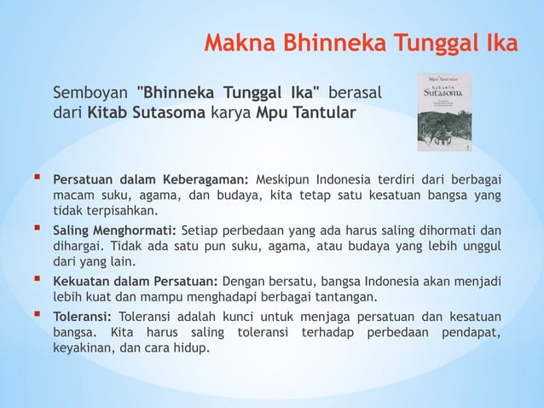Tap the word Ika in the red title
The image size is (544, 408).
point(500,43)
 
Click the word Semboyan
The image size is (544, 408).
point(93,91)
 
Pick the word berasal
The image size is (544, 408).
point(355,91)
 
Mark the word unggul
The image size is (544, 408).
point(479,246)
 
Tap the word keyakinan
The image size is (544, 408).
point(81,349)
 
